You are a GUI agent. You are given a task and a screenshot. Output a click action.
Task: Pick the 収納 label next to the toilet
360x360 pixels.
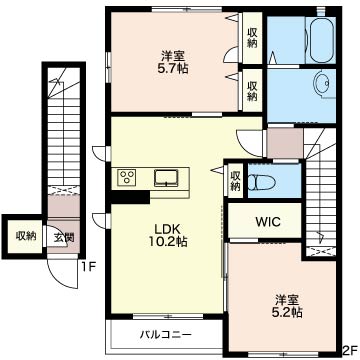pos(235,181)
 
